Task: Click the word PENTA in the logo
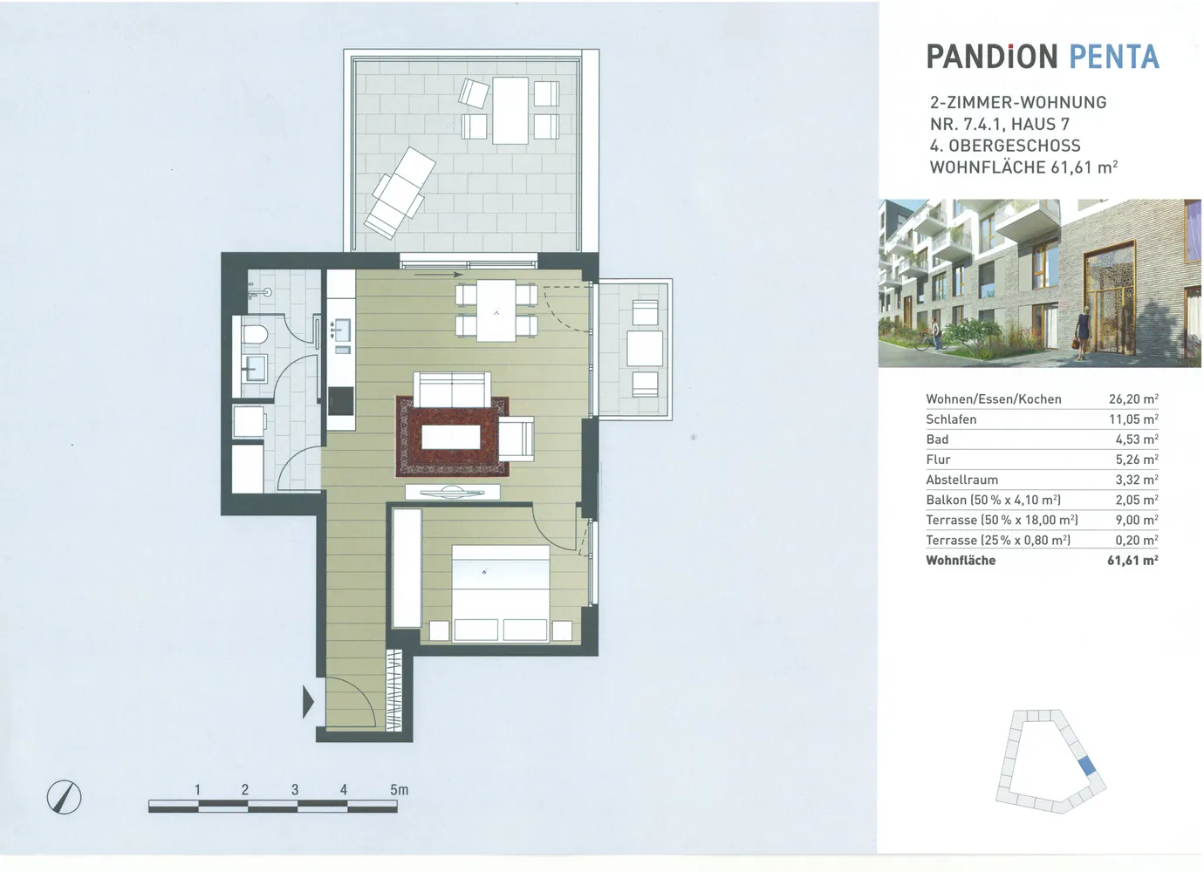pos(1114,57)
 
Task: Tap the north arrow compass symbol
pos(64,797)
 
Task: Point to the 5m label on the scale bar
pos(399,789)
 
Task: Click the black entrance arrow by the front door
pos(308,701)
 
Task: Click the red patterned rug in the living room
pos(452,436)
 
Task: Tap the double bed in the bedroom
pos(501,593)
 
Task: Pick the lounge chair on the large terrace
pos(400,193)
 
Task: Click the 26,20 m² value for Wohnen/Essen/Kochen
pos(1133,399)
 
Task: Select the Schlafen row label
pos(951,419)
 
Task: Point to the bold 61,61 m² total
pos(1132,561)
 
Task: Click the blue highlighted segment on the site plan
pos(1087,765)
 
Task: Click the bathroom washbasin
pos(254,368)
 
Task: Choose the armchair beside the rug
pos(516,439)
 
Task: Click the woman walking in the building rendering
pos(1083,333)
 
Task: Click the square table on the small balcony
pos(645,348)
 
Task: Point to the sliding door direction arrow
pos(439,275)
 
